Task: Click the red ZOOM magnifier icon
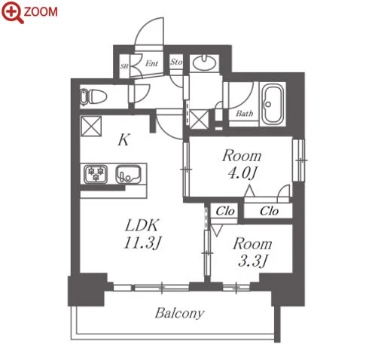tap(13, 12)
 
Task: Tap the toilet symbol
tap(93, 96)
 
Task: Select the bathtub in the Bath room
tap(273, 104)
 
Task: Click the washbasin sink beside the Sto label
tap(204, 63)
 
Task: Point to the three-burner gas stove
tap(96, 174)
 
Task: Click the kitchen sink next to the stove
tap(128, 174)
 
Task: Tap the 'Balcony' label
tap(179, 313)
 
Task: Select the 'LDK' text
tap(142, 225)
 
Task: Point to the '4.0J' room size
tap(242, 173)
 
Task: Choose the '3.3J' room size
tap(252, 261)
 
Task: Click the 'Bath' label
tap(244, 114)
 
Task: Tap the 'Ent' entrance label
tap(151, 63)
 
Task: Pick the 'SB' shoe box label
tap(124, 66)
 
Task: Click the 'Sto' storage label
tap(176, 62)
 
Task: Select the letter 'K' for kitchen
tap(123, 140)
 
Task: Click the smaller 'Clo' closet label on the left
tap(225, 211)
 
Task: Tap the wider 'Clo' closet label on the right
tap(269, 211)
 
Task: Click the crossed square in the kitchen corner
tap(90, 126)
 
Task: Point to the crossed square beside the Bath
tap(199, 120)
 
